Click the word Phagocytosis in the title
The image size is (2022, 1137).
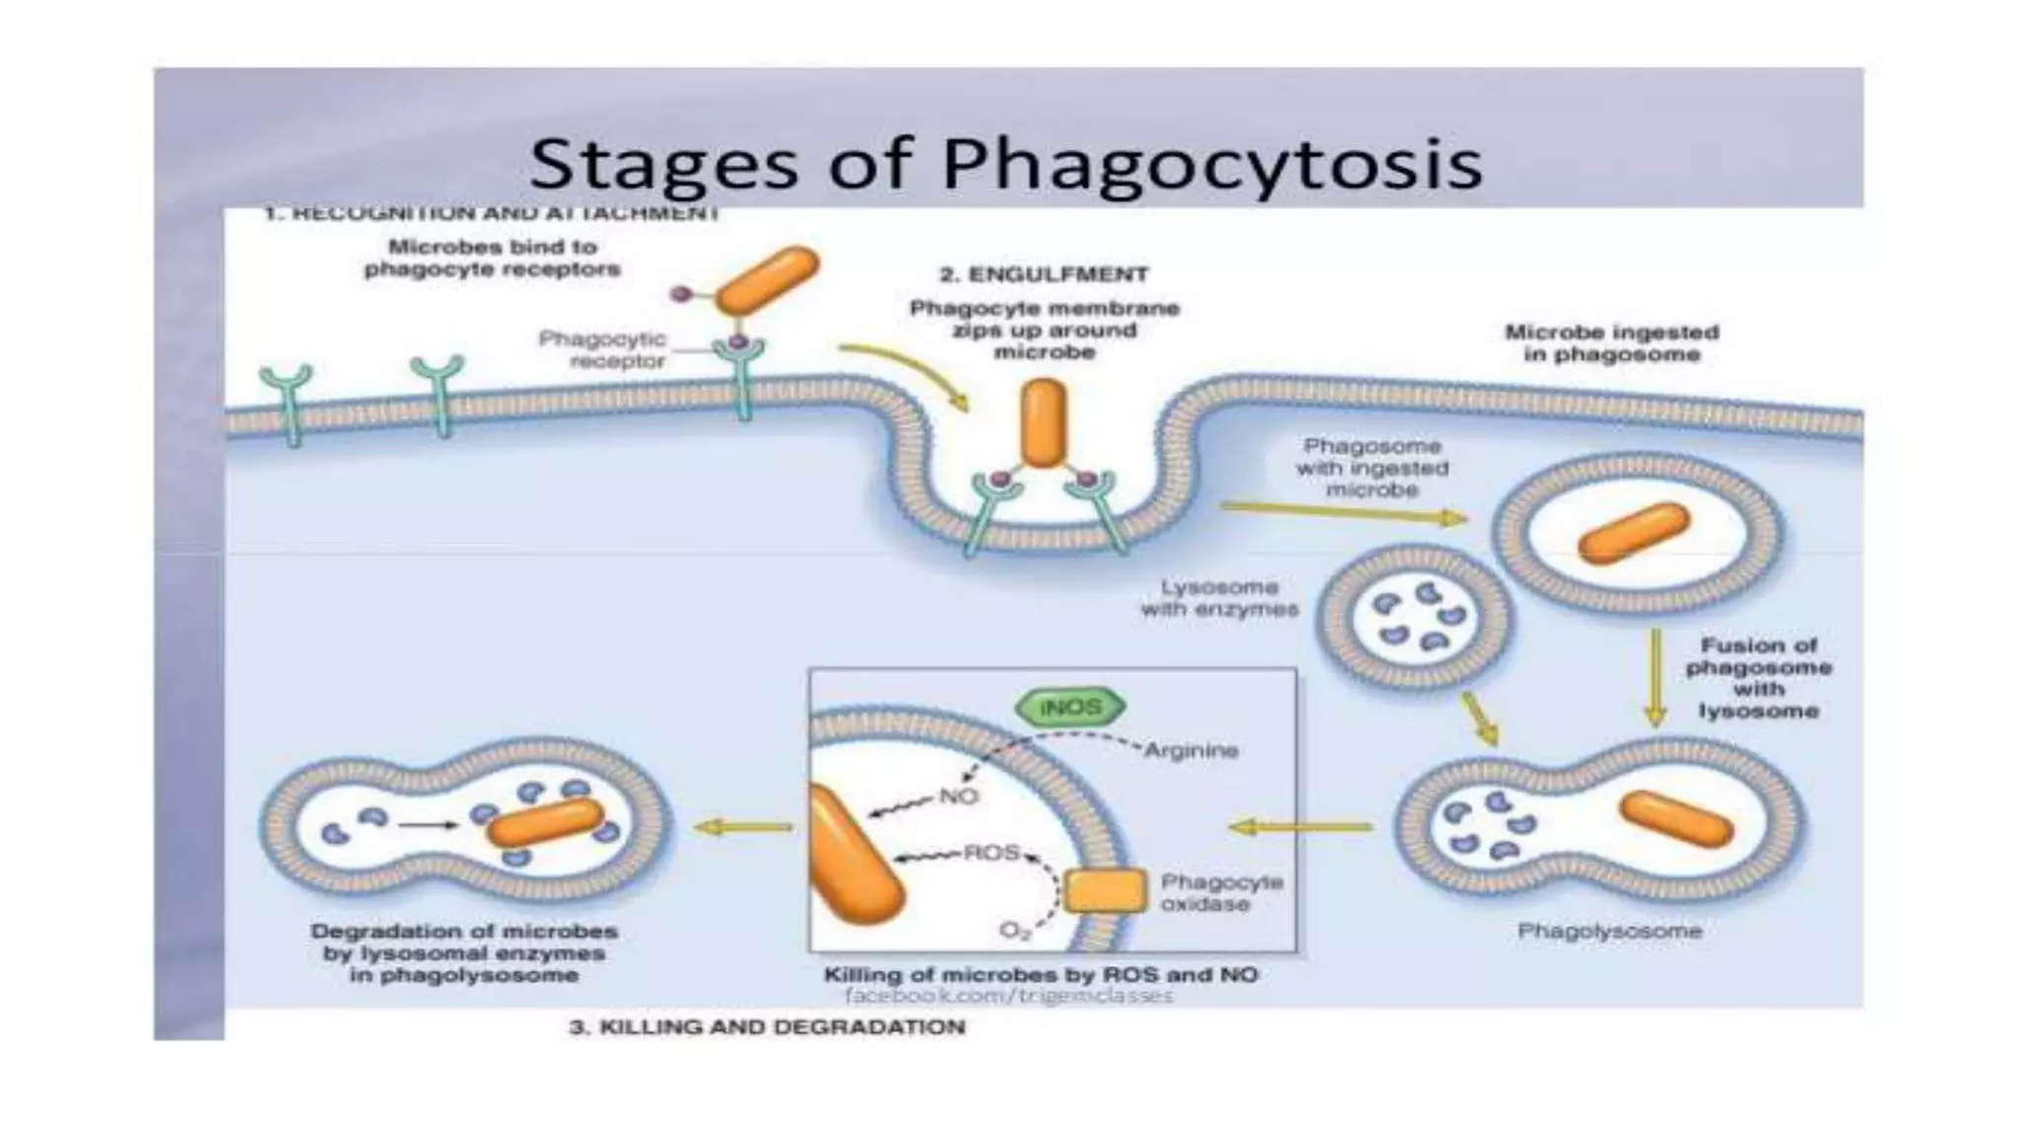(x=1211, y=164)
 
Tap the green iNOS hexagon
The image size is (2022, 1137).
(x=1070, y=708)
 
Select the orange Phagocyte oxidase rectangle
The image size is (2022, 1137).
(x=1106, y=891)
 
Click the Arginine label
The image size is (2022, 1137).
(x=1191, y=750)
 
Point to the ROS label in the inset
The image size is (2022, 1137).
(x=991, y=852)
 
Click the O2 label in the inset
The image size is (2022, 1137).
(x=1014, y=931)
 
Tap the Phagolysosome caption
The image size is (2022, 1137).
(x=1609, y=931)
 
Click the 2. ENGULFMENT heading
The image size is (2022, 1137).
(x=1044, y=274)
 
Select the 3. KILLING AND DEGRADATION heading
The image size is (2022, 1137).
(x=767, y=1026)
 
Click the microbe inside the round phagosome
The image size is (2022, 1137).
(x=1633, y=533)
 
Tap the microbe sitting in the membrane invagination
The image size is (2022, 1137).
(x=1044, y=422)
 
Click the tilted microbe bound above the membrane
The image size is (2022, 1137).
(x=766, y=280)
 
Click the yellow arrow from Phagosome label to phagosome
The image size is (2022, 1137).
(x=1343, y=512)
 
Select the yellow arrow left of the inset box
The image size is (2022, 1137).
(x=742, y=827)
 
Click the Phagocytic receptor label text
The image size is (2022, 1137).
(x=602, y=350)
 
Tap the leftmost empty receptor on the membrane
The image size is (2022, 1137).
(x=287, y=403)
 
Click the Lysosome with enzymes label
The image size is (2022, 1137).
(x=1219, y=598)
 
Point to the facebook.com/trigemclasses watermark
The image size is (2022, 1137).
(x=1008, y=996)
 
